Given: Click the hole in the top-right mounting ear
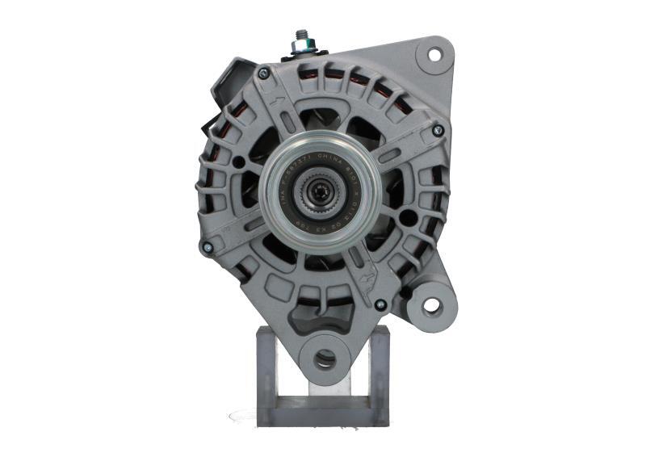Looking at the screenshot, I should click(434, 55).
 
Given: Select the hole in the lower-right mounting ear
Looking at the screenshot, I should click(431, 304).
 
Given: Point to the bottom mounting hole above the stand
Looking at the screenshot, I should click(325, 359).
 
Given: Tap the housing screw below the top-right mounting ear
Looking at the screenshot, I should click(438, 129).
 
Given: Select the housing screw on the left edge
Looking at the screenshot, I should click(208, 247).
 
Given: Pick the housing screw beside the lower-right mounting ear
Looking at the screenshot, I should click(380, 304).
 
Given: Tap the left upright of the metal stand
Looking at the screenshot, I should click(267, 371).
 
